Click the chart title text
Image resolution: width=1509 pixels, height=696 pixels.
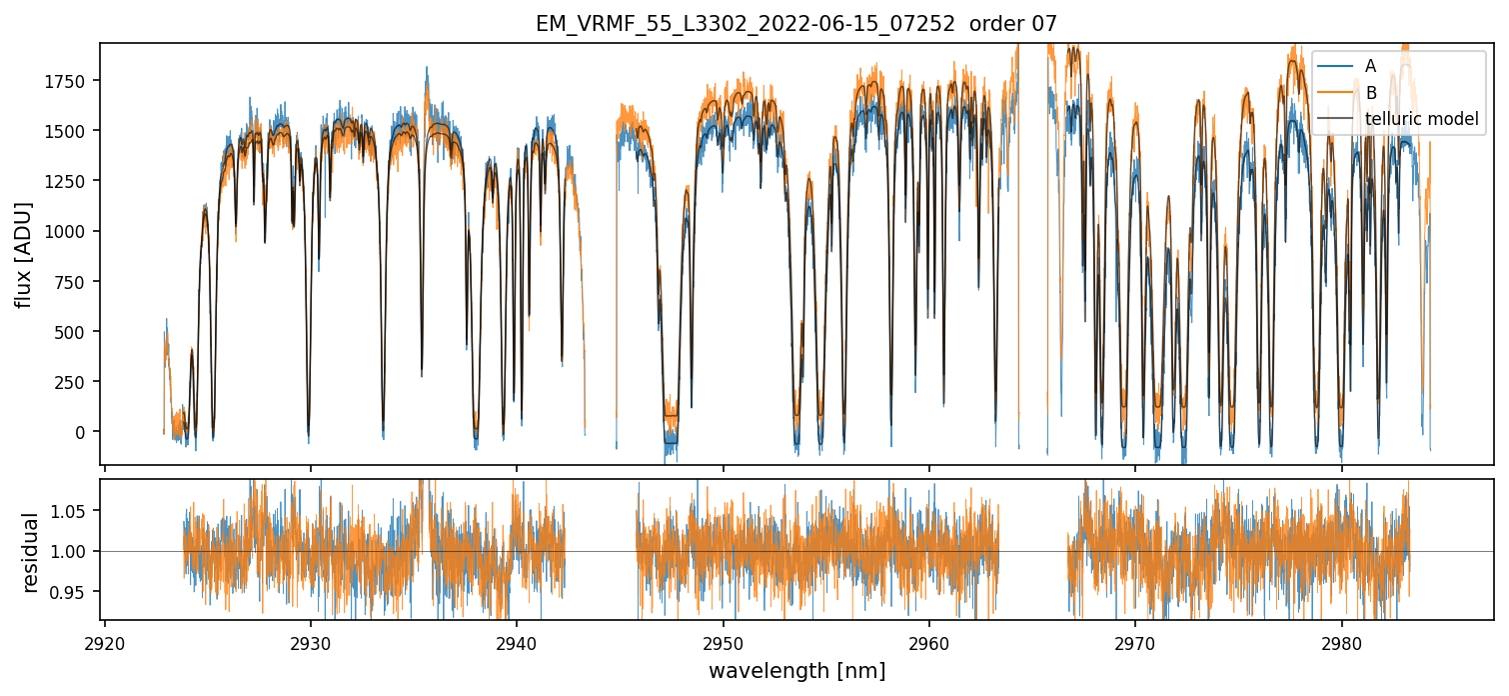pos(795,24)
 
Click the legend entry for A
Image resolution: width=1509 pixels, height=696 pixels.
pos(1370,66)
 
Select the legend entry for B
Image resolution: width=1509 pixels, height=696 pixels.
pos(1370,93)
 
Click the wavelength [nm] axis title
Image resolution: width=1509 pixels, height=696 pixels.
pos(796,671)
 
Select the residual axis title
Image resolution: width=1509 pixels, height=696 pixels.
pos(30,552)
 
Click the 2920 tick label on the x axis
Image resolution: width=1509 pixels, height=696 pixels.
pos(105,643)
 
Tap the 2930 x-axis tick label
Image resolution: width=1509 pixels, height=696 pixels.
pos(311,643)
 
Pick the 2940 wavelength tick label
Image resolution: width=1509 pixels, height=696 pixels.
pos(517,643)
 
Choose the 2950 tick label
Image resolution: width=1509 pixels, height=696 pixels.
pos(724,643)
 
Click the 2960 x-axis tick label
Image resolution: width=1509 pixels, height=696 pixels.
pos(929,643)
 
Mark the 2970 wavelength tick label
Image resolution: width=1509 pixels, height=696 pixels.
pos(1135,643)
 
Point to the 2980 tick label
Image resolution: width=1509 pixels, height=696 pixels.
pos(1341,643)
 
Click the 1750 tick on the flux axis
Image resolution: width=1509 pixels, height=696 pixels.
pos(68,81)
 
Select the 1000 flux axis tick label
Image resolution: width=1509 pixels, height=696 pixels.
pos(68,231)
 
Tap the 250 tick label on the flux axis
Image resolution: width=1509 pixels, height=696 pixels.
pos(73,382)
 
